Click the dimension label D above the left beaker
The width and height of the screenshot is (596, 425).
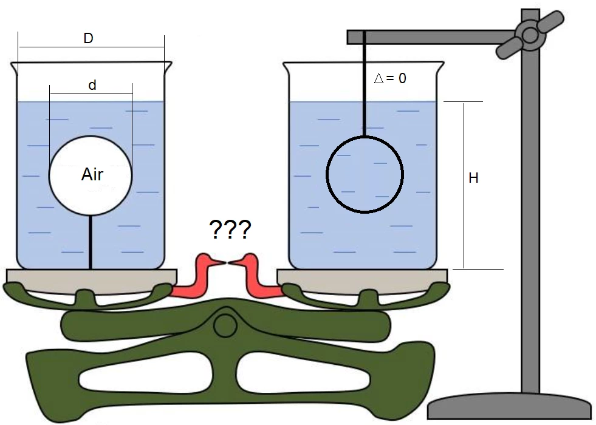click(x=88, y=39)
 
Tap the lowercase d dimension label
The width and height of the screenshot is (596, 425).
click(x=92, y=86)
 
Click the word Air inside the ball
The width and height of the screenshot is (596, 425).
click(x=92, y=175)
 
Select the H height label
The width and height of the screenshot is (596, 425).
click(x=473, y=178)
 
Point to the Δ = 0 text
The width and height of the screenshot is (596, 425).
click(x=390, y=78)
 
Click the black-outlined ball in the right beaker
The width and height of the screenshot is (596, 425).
click(x=365, y=175)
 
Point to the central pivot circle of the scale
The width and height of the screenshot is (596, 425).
click(x=225, y=325)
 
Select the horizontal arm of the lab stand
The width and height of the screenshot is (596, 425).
click(x=425, y=37)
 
